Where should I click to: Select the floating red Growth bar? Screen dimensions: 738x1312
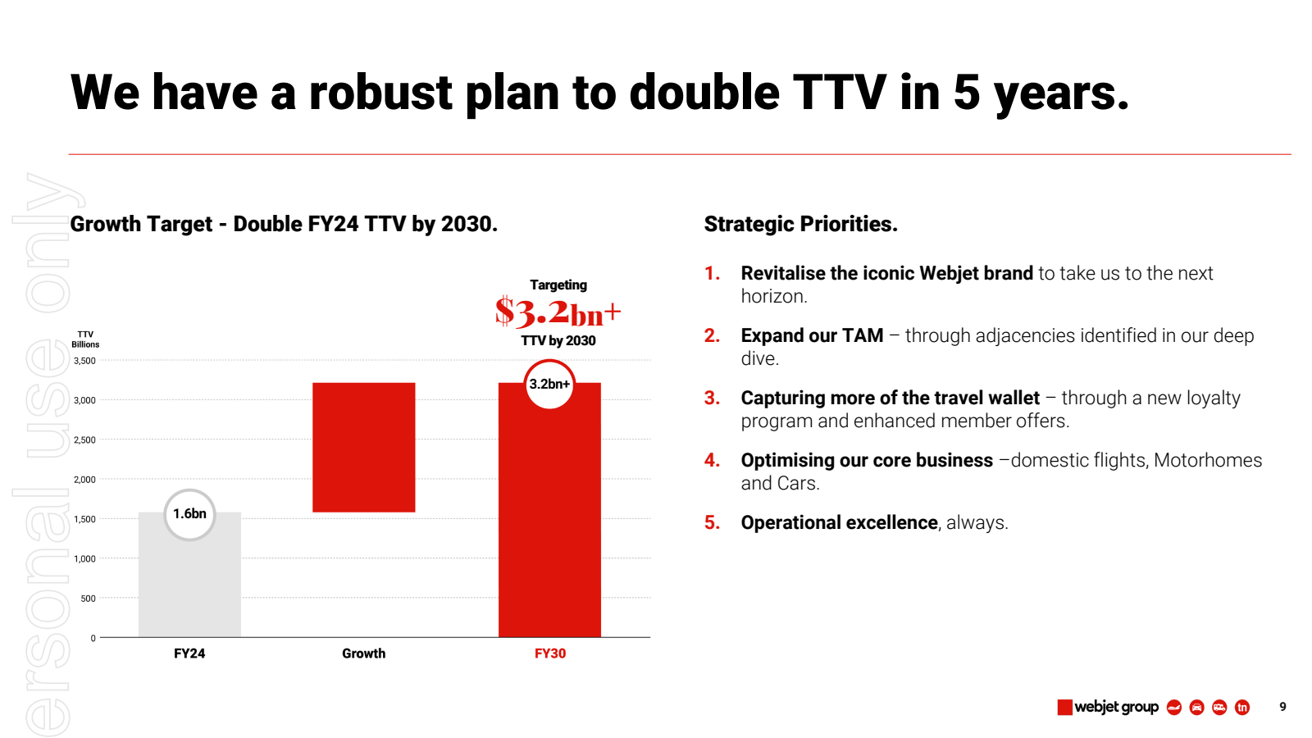coord(363,447)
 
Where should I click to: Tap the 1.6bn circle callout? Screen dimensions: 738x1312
coord(189,514)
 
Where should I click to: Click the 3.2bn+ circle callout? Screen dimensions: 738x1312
coord(549,384)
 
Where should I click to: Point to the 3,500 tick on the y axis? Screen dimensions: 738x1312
coord(84,361)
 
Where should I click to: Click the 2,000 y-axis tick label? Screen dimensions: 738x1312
coord(84,480)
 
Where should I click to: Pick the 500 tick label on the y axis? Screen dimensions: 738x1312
coord(88,599)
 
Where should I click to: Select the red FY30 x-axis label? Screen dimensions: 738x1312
coord(550,654)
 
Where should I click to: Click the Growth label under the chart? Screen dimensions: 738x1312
coord(363,654)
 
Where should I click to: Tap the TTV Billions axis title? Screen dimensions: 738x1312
coord(85,339)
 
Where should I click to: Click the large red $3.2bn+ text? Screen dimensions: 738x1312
coord(558,312)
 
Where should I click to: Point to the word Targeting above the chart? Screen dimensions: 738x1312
coord(558,285)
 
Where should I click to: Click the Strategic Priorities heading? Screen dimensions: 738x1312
coord(800,224)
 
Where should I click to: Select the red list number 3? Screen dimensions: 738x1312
coord(712,398)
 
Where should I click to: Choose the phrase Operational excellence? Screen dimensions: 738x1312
coord(839,522)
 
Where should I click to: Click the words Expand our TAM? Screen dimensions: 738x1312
coord(812,335)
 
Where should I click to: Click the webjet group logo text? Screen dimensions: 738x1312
coord(1116,707)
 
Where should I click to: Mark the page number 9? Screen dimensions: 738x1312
coord(1282,707)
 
